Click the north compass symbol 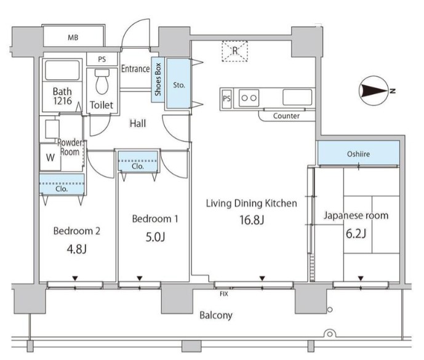point(375,90)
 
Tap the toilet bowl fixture point(102,81)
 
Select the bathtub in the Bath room point(62,70)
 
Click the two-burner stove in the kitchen point(249,98)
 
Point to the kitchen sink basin point(297,97)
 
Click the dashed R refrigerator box point(234,51)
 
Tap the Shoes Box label point(158,79)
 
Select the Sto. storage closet point(178,83)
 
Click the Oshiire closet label point(358,154)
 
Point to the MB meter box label point(73,38)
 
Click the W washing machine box point(50,157)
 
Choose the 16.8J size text point(252,220)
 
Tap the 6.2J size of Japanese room point(356,233)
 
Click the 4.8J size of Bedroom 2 point(77,249)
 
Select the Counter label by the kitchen point(286,116)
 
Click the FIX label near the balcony point(224,294)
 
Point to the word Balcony point(216,315)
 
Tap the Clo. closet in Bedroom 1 point(138,161)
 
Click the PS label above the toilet point(102,59)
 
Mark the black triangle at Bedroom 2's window point(75,278)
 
